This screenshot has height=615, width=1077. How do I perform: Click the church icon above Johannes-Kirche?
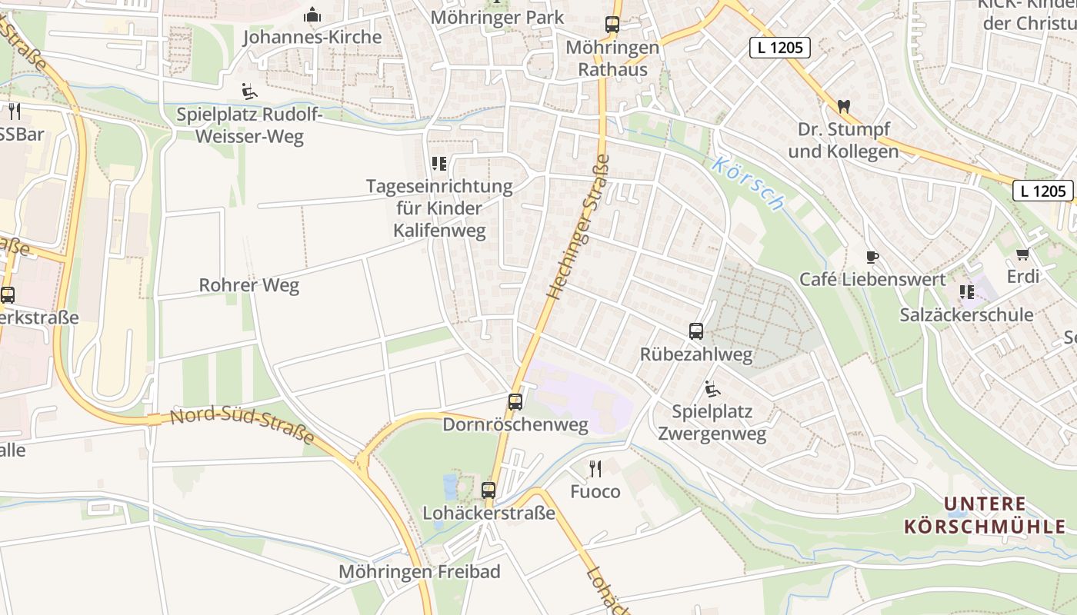(x=312, y=15)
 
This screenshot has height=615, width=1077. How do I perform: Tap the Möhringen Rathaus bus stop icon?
(x=612, y=25)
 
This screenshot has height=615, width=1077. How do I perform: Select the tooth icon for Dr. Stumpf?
(x=843, y=106)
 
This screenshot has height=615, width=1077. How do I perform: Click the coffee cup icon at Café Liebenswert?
(x=872, y=257)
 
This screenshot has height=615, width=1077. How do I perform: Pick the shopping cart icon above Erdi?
(x=1022, y=254)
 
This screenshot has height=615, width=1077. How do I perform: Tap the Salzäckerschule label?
(x=966, y=314)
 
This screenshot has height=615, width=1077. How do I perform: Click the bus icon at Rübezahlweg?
(x=696, y=331)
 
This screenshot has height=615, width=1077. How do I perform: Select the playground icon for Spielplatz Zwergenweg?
(x=712, y=389)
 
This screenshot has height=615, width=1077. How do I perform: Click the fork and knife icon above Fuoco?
(x=595, y=467)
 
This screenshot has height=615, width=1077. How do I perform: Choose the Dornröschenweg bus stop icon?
(x=515, y=401)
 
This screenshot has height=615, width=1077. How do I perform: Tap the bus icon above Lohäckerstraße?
(x=488, y=490)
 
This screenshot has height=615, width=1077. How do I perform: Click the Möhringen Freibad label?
(x=419, y=571)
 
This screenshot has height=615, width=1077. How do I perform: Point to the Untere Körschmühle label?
(x=985, y=516)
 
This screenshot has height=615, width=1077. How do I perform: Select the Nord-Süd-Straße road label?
(x=242, y=426)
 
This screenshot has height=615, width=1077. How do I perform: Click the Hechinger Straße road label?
(x=578, y=228)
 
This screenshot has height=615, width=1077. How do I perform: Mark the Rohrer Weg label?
(x=248, y=285)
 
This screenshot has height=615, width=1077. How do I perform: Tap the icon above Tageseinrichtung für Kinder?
(x=439, y=163)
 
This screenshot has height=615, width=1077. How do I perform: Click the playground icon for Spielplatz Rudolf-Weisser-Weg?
(x=248, y=92)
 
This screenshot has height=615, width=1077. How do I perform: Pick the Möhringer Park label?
(x=497, y=17)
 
